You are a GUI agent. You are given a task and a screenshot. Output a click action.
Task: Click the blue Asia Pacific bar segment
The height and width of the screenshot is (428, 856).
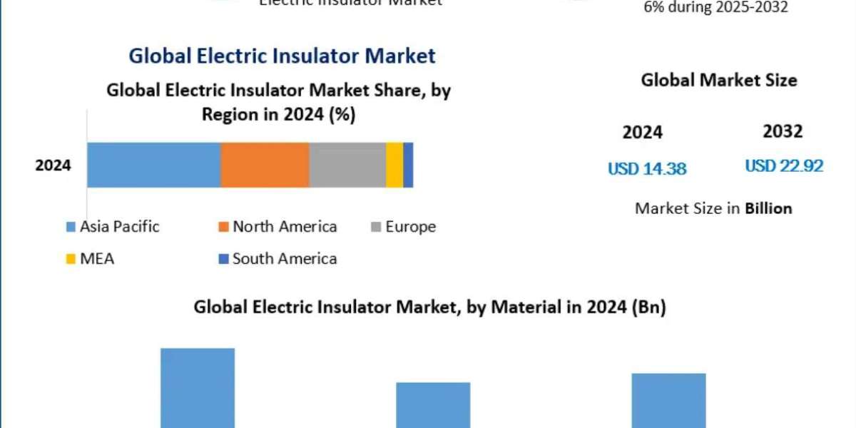[153, 165]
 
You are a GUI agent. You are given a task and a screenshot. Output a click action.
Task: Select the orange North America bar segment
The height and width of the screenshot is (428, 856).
[265, 165]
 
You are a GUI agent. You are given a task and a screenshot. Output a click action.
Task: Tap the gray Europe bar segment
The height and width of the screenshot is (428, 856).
[347, 165]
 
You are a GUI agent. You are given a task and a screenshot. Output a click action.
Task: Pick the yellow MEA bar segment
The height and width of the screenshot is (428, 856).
[394, 165]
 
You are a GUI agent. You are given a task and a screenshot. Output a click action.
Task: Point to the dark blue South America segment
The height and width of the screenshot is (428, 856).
[408, 165]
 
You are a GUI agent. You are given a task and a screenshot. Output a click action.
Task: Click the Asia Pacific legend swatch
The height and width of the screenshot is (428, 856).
[71, 228]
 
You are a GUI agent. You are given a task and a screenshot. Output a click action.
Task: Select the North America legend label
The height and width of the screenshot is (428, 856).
[285, 227]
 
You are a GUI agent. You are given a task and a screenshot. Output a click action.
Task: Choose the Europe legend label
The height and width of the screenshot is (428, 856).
[410, 227]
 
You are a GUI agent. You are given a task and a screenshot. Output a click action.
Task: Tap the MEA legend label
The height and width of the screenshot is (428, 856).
[97, 258]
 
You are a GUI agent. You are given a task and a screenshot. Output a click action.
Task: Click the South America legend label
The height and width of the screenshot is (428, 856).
[285, 258]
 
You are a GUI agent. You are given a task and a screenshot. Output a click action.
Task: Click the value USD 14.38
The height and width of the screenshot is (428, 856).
[647, 169]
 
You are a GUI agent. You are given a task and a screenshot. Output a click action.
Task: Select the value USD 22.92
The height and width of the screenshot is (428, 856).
[784, 166]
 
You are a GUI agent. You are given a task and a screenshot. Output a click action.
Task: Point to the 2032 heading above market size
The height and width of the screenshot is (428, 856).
[783, 131]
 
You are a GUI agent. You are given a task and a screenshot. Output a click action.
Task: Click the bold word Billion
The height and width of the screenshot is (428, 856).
[768, 208]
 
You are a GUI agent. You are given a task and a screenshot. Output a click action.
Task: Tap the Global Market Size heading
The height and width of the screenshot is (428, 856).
[718, 80]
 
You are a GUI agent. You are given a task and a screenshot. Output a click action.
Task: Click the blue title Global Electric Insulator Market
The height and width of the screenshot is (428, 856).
[282, 56]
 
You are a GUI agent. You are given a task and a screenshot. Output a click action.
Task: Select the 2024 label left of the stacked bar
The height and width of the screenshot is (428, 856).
[53, 165]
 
